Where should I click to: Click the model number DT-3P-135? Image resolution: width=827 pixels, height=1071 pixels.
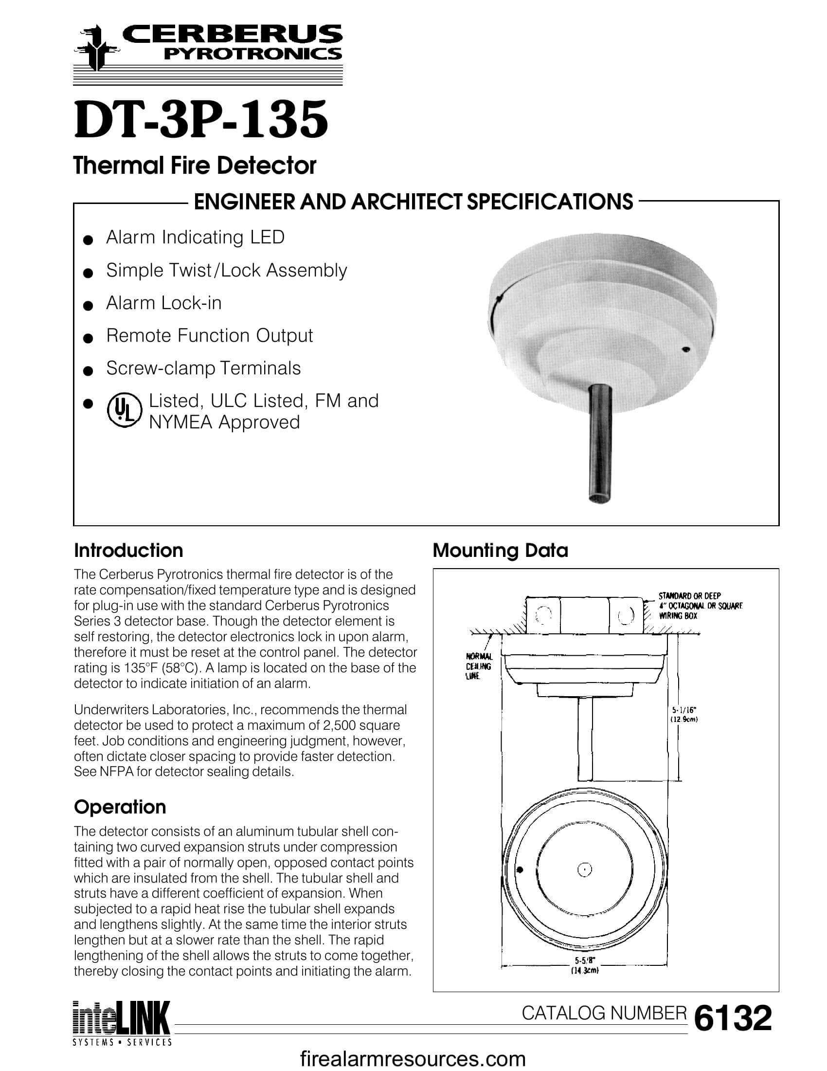[x=200, y=119]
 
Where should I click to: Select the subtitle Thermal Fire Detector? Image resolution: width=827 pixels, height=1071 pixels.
[x=195, y=165]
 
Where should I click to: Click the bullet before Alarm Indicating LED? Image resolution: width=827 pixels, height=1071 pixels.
[x=88, y=240]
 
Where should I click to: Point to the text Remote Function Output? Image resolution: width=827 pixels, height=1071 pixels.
[x=209, y=335]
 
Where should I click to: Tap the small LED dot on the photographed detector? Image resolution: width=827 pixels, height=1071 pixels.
[x=685, y=350]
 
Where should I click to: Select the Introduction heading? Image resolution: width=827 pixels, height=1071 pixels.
[x=128, y=550]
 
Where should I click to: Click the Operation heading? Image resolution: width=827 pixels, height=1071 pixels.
[x=120, y=807]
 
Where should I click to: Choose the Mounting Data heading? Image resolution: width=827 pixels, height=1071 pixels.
[x=500, y=550]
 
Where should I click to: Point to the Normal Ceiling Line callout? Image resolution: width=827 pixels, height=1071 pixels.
[x=479, y=666]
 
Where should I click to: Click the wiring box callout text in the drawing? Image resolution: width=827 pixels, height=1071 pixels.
[x=700, y=606]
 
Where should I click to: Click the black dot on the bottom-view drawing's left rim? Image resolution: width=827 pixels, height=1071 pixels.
[x=521, y=870]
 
